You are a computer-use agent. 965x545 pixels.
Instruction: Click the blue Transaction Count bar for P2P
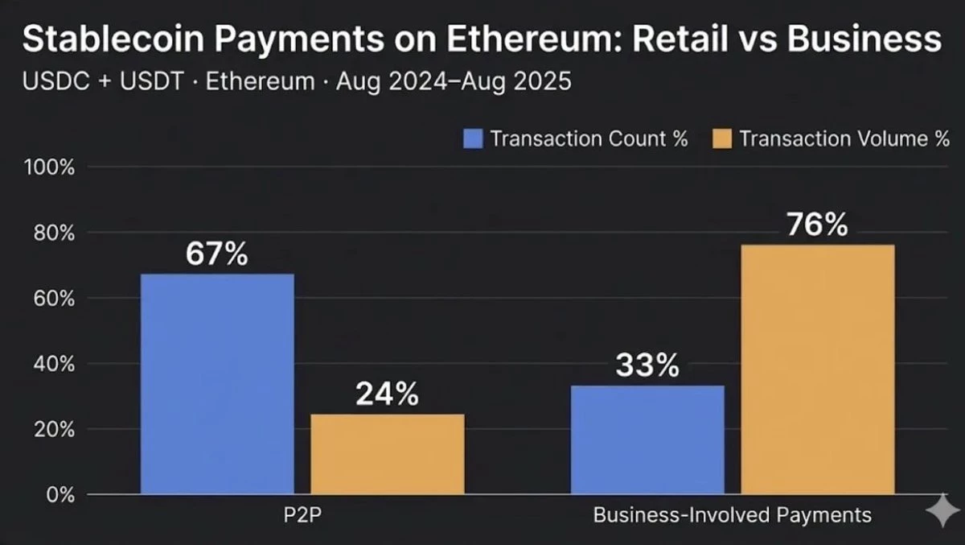(217, 384)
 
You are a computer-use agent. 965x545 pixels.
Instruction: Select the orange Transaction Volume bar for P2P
(387, 454)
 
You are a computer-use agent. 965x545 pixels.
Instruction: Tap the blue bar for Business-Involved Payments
(647, 440)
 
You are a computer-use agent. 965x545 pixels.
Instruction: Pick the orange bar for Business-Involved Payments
(817, 370)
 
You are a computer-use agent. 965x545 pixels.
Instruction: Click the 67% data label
(217, 254)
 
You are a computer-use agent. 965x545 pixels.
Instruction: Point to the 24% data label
(387, 394)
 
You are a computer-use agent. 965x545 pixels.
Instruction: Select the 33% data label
(647, 365)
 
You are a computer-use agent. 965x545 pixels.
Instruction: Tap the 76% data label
(817, 225)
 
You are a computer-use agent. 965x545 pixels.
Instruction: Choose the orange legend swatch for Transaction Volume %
(721, 138)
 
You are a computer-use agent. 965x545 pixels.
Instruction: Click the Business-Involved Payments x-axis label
(732, 515)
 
